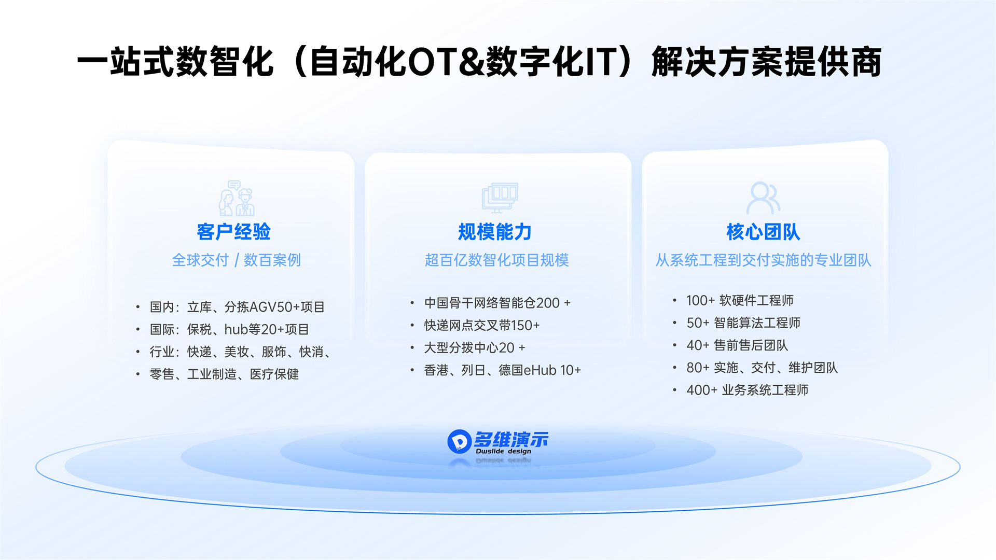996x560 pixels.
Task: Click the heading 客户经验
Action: (x=233, y=232)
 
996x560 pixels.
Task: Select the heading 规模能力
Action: (x=495, y=232)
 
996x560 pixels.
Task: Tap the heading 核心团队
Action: (x=763, y=232)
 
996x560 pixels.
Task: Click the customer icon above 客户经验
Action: (x=237, y=198)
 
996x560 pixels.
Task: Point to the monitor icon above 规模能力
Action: (x=500, y=198)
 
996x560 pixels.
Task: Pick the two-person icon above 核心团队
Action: (x=763, y=198)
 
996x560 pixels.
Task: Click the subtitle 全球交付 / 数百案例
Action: (x=237, y=260)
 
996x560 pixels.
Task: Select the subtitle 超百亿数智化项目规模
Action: (x=496, y=260)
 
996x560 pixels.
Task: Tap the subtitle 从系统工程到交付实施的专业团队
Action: (x=763, y=260)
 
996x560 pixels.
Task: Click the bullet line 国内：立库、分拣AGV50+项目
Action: (x=237, y=307)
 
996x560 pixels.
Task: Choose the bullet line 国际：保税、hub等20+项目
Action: (x=229, y=329)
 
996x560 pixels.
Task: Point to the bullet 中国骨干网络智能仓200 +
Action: (x=497, y=303)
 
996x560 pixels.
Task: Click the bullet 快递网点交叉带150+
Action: (x=482, y=325)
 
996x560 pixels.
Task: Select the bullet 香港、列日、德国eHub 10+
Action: (x=502, y=370)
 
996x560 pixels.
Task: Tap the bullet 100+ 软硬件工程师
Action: (x=740, y=300)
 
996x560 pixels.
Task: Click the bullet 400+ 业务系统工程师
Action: (x=747, y=390)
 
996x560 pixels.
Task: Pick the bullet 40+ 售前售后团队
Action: (x=737, y=345)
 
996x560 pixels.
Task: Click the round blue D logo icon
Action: (x=459, y=441)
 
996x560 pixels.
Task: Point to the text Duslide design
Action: (x=503, y=451)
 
